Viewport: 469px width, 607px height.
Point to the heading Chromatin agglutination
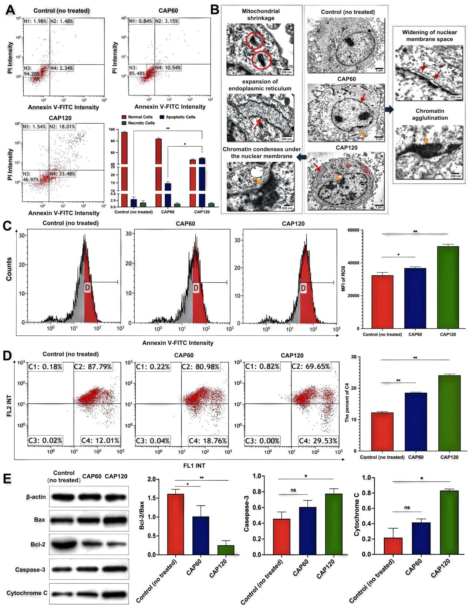click(x=428, y=115)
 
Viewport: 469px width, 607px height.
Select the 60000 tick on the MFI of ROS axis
click(x=355, y=230)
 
